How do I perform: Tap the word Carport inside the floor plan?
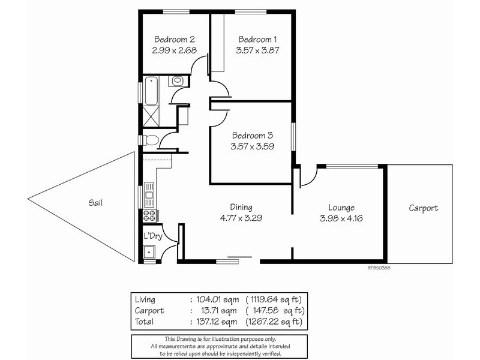(424, 208)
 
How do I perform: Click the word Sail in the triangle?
(95, 203)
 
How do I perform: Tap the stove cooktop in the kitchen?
(150, 215)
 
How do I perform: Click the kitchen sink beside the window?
(149, 193)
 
